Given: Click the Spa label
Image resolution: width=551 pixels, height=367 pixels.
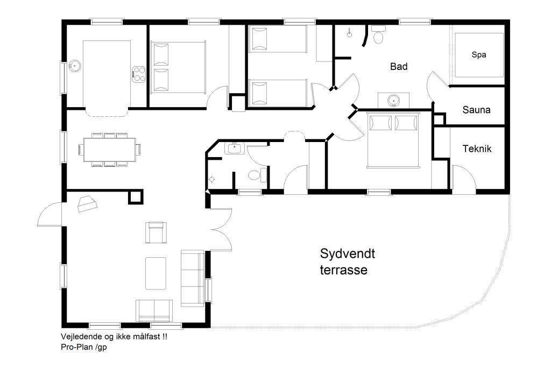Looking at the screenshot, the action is tap(478, 55).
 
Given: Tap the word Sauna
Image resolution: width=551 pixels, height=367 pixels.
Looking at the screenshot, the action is tap(476, 110).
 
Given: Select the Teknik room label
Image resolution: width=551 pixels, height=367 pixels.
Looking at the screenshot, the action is tap(477, 149).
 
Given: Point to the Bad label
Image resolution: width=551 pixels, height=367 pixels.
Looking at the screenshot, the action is tap(399, 66).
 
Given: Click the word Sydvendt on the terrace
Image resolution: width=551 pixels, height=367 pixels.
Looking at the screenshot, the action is tap(347, 253).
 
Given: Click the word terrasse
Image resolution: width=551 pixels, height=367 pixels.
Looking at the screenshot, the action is tap(344, 270).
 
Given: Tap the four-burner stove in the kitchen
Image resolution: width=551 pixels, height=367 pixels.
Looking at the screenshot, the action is tap(138, 74).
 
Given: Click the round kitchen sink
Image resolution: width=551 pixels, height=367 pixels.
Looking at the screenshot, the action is tap(74, 66).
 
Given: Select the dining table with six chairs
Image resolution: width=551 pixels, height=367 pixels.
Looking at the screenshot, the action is tap(110, 150).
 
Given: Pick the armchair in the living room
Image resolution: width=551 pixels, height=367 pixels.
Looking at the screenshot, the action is tap(156, 232).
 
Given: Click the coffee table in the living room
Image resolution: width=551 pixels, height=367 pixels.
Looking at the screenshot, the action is tap(156, 273).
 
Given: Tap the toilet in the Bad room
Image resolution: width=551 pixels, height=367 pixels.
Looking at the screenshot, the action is tap(378, 34).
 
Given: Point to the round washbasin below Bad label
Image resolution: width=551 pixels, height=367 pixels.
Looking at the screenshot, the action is tap(393, 101).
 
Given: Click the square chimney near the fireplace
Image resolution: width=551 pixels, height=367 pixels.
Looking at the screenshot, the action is tap(136, 196).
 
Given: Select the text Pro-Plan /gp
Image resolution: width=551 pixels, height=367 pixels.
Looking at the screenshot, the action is tap(83, 347).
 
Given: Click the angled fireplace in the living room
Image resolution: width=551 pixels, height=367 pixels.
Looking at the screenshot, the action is tap(87, 204).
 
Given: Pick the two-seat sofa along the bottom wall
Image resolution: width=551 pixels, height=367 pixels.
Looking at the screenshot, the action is tap(154, 310).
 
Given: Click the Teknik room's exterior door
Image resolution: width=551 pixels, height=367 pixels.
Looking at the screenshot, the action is tap(464, 179).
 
